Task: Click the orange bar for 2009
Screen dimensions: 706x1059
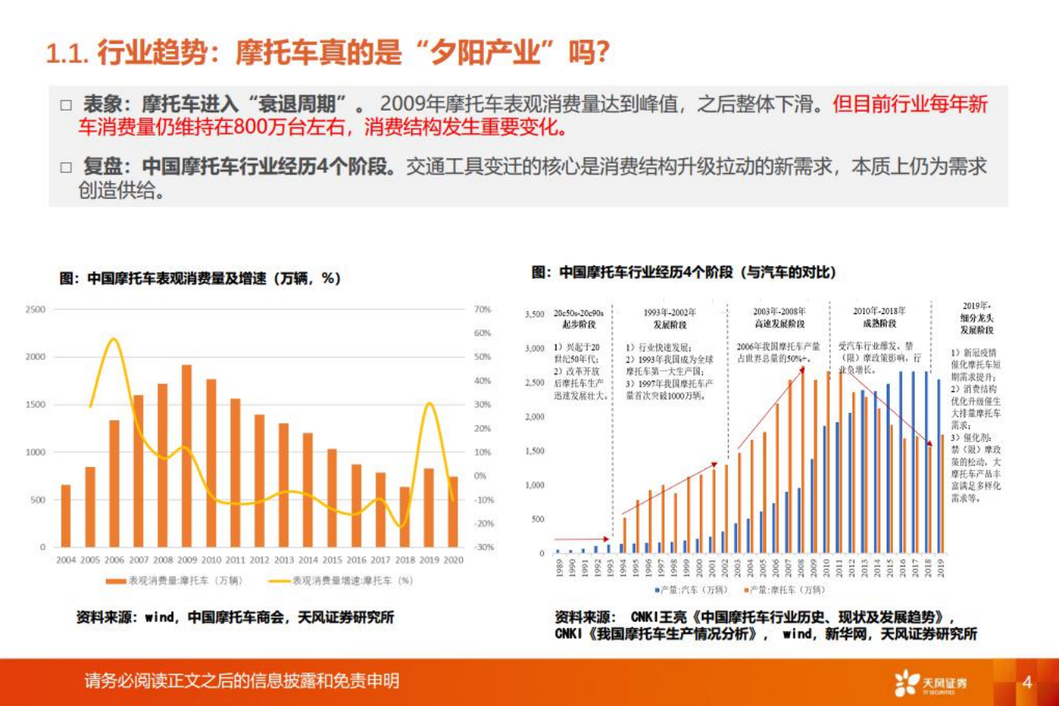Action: click(187, 456)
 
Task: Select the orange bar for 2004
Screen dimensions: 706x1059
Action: click(66, 516)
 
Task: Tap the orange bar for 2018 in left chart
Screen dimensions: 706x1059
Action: click(404, 517)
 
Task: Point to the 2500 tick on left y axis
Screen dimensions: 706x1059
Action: click(36, 309)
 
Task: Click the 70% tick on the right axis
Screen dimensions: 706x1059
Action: click(483, 309)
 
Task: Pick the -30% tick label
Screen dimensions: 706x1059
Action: click(484, 547)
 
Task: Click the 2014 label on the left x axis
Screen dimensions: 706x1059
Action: click(308, 560)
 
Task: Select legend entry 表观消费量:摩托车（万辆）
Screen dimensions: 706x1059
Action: click(175, 581)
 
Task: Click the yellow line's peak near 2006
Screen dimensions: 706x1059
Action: click(114, 339)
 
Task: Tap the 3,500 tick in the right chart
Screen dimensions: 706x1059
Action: click(535, 314)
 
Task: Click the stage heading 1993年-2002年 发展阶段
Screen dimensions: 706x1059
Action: click(669, 318)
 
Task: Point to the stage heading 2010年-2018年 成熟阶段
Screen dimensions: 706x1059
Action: click(879, 317)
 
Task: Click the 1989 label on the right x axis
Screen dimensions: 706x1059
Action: click(558, 568)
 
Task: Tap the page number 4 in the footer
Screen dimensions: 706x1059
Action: click(1027, 683)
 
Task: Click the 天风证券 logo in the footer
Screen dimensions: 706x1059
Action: click(931, 683)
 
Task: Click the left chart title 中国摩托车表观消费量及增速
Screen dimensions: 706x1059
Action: click(200, 278)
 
